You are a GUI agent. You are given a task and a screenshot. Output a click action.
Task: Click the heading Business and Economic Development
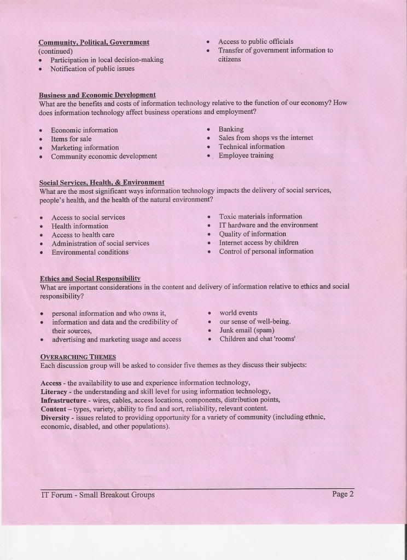coord(97,95)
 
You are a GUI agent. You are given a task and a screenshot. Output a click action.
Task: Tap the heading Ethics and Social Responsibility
coord(90,278)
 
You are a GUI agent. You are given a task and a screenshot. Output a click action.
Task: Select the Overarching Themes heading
coord(78,356)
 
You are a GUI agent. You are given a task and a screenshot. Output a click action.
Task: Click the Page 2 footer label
coord(343,494)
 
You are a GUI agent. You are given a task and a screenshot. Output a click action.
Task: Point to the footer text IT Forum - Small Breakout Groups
coord(97,495)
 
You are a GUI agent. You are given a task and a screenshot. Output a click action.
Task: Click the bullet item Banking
coord(231,129)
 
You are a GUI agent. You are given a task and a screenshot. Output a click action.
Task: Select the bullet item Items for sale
coord(71,139)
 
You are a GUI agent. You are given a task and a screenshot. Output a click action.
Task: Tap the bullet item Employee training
coord(246,155)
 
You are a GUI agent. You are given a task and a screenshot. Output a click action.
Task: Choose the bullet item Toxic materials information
coord(260,217)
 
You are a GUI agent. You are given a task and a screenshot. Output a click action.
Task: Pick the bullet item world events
coord(239,313)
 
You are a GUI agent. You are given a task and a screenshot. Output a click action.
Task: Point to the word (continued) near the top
coord(55,51)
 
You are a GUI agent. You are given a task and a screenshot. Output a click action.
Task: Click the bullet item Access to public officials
coord(255,42)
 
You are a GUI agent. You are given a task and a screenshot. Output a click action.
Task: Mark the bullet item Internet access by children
coord(259,243)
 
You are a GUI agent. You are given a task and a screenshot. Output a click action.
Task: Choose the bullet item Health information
coord(80,226)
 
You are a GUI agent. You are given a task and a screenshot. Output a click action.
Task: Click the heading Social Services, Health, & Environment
coord(102,182)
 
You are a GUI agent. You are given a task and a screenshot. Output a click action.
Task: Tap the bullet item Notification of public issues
coord(92,69)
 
